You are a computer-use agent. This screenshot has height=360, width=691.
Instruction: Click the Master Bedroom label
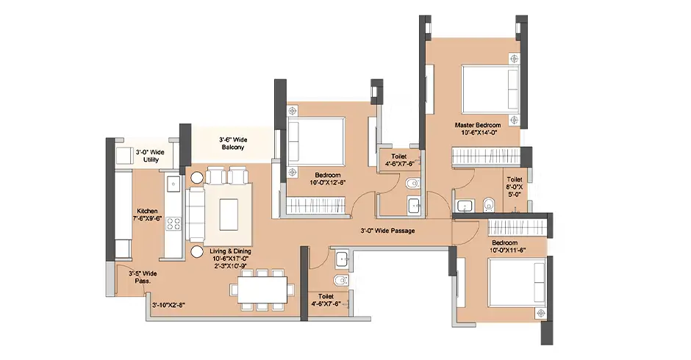[x=478, y=125]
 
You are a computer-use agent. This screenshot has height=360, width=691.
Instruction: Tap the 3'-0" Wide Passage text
[x=387, y=231]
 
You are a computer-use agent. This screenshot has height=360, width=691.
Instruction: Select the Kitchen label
[x=147, y=211]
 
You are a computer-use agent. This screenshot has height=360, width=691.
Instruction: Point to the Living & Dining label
[x=231, y=251]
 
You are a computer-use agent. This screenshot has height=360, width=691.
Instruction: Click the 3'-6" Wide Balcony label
[x=233, y=144]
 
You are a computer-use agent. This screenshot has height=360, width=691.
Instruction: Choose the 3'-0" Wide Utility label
[x=150, y=156]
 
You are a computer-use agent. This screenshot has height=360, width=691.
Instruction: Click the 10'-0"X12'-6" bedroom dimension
[x=327, y=181]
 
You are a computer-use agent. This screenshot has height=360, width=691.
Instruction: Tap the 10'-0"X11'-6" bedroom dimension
[x=507, y=250]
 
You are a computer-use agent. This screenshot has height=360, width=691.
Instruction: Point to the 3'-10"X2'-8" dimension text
[x=171, y=305]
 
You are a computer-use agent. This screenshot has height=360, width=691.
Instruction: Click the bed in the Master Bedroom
[x=490, y=90]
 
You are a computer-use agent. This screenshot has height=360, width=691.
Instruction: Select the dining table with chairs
[x=262, y=290]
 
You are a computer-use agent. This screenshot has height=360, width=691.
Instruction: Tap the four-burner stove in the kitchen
[x=173, y=224]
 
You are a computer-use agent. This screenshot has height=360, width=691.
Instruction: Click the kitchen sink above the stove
[x=173, y=184]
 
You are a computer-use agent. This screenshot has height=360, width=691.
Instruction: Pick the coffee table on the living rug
[x=229, y=215]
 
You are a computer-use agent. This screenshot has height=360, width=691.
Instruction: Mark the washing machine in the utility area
[x=125, y=156]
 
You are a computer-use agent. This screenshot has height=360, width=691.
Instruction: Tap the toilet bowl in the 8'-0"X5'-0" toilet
[x=489, y=204]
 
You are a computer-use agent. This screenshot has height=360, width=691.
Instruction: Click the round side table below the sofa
[x=196, y=251]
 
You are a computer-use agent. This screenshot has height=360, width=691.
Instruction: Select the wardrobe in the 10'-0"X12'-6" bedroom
[x=315, y=205]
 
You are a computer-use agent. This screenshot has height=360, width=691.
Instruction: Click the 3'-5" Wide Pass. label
[x=143, y=277]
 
